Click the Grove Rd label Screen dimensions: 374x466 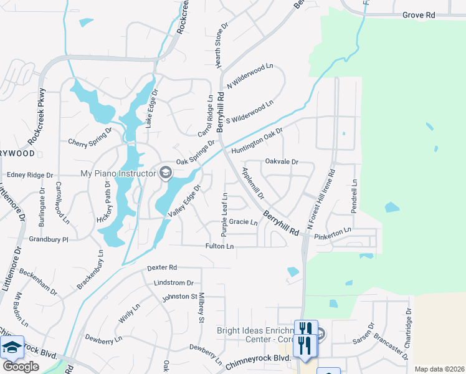click(x=419, y=14)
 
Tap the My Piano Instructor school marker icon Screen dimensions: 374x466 click(x=166, y=173)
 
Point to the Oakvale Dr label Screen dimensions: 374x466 click(x=282, y=161)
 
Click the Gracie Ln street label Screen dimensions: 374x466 click(x=243, y=222)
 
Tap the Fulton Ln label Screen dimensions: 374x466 click(x=220, y=247)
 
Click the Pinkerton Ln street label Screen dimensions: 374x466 click(x=333, y=230)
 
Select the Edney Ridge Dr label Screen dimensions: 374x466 click(x=29, y=176)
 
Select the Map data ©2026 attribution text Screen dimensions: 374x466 click(x=439, y=369)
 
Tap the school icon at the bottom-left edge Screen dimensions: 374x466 click(x=12, y=347)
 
